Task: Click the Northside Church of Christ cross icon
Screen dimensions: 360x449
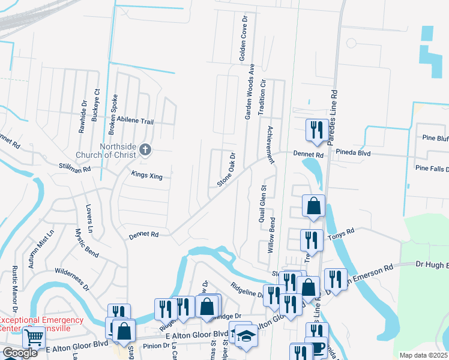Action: coord(145,149)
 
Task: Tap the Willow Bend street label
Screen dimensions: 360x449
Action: coord(272,234)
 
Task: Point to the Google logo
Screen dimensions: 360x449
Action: coord(20,353)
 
